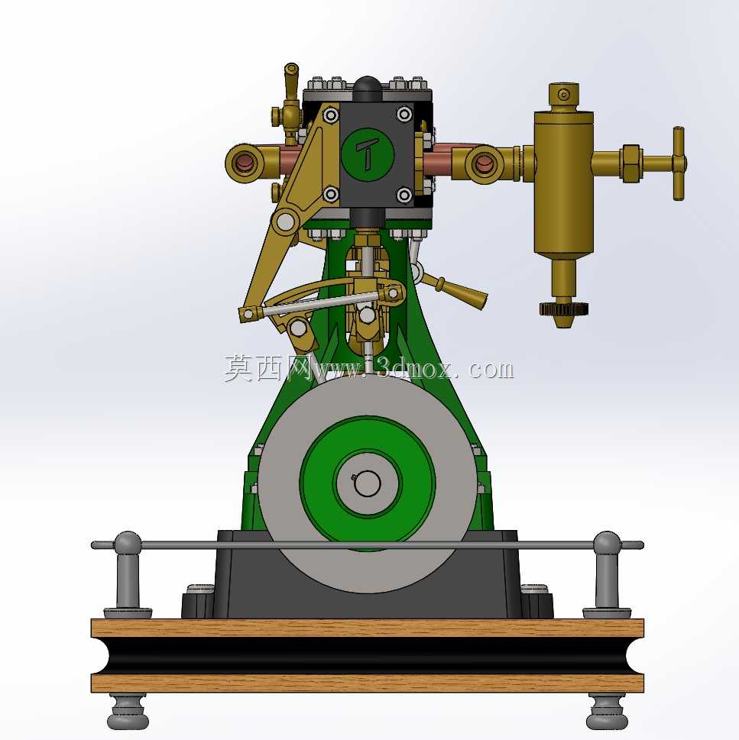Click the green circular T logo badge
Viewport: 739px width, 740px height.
point(368,153)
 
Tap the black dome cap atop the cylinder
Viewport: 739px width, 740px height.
point(368,89)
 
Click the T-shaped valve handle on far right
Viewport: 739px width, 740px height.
point(679,163)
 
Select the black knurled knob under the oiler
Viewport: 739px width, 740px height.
point(564,309)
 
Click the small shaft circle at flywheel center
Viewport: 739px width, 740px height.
point(368,483)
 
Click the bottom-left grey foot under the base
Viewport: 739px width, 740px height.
point(128,711)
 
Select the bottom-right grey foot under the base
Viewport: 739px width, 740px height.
point(607,711)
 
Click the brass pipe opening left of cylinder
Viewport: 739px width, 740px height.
point(245,163)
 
